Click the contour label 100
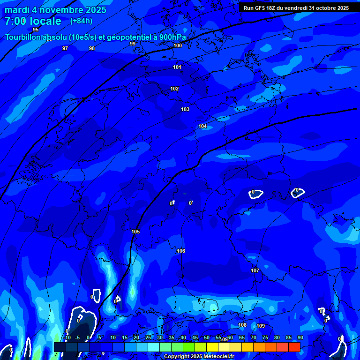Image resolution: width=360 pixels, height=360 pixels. tap(178, 46)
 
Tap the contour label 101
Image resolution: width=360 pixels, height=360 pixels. tap(177, 67)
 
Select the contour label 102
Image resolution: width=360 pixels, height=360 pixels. tap(174, 89)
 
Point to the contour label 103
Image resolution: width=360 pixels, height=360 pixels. tap(185, 110)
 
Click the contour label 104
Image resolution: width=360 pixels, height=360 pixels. tap(202, 127)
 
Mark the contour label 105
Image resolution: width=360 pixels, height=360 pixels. tap(135, 232)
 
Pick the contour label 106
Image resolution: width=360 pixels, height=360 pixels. tap(181, 251)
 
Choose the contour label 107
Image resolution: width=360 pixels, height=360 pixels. tap(255, 271)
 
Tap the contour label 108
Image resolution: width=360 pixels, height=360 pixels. tap(242, 325)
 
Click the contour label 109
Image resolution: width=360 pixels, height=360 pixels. tap(261, 326)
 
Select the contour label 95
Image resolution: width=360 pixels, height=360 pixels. tap(36, 30)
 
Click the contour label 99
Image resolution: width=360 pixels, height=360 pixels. tap(133, 44)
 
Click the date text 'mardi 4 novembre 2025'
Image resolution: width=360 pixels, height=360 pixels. tap(55, 10)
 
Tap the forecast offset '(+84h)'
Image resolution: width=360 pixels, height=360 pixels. tap(81, 21)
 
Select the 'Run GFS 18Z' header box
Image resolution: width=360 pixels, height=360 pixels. tap(296, 8)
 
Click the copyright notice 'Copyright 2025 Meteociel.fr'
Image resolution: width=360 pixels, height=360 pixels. tap(199, 357)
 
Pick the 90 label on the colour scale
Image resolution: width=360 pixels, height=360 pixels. tap(300, 338)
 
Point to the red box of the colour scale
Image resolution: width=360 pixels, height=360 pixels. tap(294, 347)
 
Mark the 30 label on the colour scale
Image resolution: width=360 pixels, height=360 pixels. tap(160, 338)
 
